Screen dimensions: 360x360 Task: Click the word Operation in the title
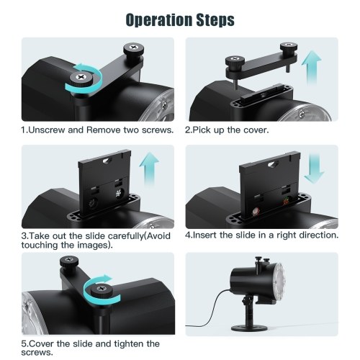pos(159,20)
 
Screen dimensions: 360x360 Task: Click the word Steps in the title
pos(215,20)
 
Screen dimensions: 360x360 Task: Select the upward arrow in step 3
pos(149,168)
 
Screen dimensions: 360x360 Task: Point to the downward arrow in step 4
pos(314,168)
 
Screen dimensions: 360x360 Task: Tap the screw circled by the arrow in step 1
pos(81,78)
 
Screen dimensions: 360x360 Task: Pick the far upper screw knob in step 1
pos(134,48)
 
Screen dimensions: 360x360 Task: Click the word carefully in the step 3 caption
pos(125,236)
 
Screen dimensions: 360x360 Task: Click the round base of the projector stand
pos(249,328)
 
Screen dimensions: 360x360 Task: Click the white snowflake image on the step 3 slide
pos(119,194)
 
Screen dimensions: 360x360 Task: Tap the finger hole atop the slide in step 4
pos(272,164)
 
